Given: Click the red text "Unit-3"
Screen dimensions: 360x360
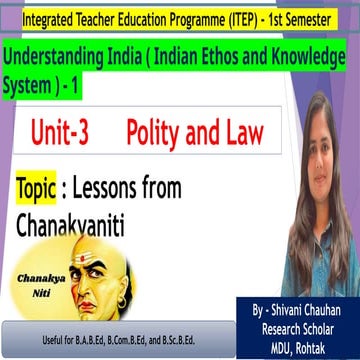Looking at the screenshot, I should pyautogui.click(x=66, y=134).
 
